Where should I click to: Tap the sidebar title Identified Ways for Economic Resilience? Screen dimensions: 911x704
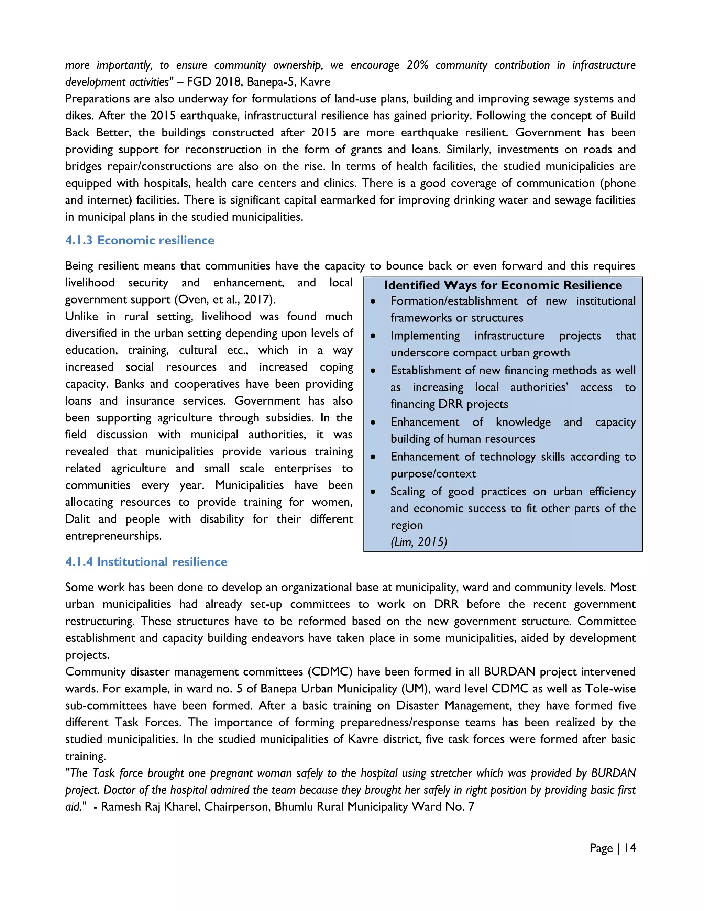click(x=503, y=285)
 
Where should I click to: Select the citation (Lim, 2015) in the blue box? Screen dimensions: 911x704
click(x=419, y=542)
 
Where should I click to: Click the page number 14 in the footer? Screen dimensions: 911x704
click(x=630, y=848)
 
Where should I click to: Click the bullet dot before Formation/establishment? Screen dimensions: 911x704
click(x=373, y=301)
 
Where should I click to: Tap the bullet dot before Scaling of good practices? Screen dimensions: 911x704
click(x=373, y=492)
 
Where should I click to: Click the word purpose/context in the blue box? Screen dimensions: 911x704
click(x=433, y=474)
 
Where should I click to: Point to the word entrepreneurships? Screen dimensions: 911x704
click(x=113, y=536)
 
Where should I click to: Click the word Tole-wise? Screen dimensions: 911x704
click(x=610, y=689)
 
